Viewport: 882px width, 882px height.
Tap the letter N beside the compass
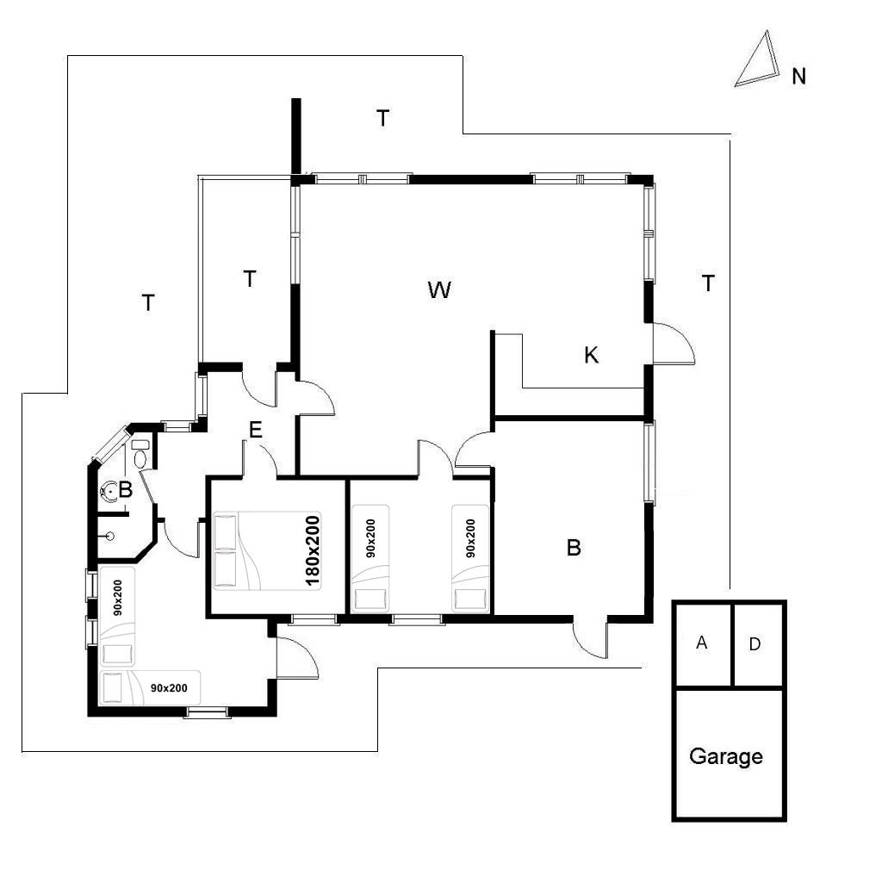(798, 77)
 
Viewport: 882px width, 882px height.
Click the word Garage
(725, 756)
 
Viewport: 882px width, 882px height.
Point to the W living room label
(439, 290)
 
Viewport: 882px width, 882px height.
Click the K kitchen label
(591, 355)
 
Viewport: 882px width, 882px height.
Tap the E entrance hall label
(255, 431)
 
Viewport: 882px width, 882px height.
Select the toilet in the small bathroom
(140, 455)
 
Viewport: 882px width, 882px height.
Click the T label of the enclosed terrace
(250, 278)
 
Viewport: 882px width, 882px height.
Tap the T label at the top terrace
(382, 118)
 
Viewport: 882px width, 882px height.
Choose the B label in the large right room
(574, 547)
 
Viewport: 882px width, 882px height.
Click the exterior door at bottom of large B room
(591, 640)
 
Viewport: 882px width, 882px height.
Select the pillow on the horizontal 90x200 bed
(113, 686)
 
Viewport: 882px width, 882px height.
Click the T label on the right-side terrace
(708, 283)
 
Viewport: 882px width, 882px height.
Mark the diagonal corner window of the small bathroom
(110, 444)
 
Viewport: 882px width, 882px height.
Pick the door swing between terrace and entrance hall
(258, 388)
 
